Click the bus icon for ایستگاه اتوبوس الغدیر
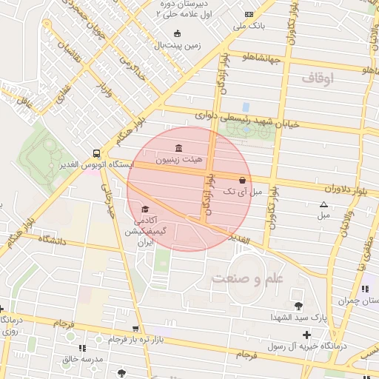pyautogui.click(x=95, y=153)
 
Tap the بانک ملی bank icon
pyautogui.click(x=249, y=14)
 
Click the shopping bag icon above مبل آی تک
pyautogui.click(x=242, y=180)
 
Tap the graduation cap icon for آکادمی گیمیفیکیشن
pyautogui.click(x=145, y=209)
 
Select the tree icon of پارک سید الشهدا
pyautogui.click(x=298, y=305)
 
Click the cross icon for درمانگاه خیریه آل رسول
pyautogui.click(x=306, y=335)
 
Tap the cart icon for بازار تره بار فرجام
pyautogui.click(x=134, y=328)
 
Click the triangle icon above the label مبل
pyautogui.click(x=323, y=204)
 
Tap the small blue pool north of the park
pyautogui.click(x=246, y=108)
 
